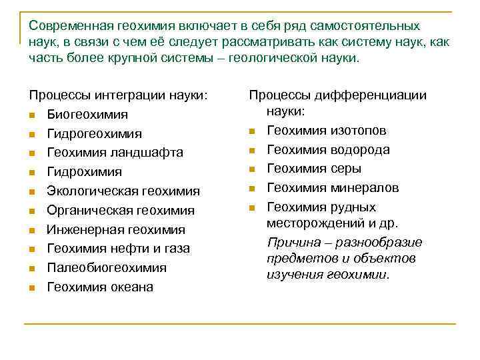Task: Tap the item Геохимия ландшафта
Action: (115, 153)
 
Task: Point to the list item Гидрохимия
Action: (84, 172)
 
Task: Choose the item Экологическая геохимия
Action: (123, 191)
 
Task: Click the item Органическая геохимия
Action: (120, 211)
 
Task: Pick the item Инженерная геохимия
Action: (115, 230)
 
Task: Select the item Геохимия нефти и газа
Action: (118, 249)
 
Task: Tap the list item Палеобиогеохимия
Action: (106, 268)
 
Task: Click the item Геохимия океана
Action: (99, 287)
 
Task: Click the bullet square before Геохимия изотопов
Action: (251, 131)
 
